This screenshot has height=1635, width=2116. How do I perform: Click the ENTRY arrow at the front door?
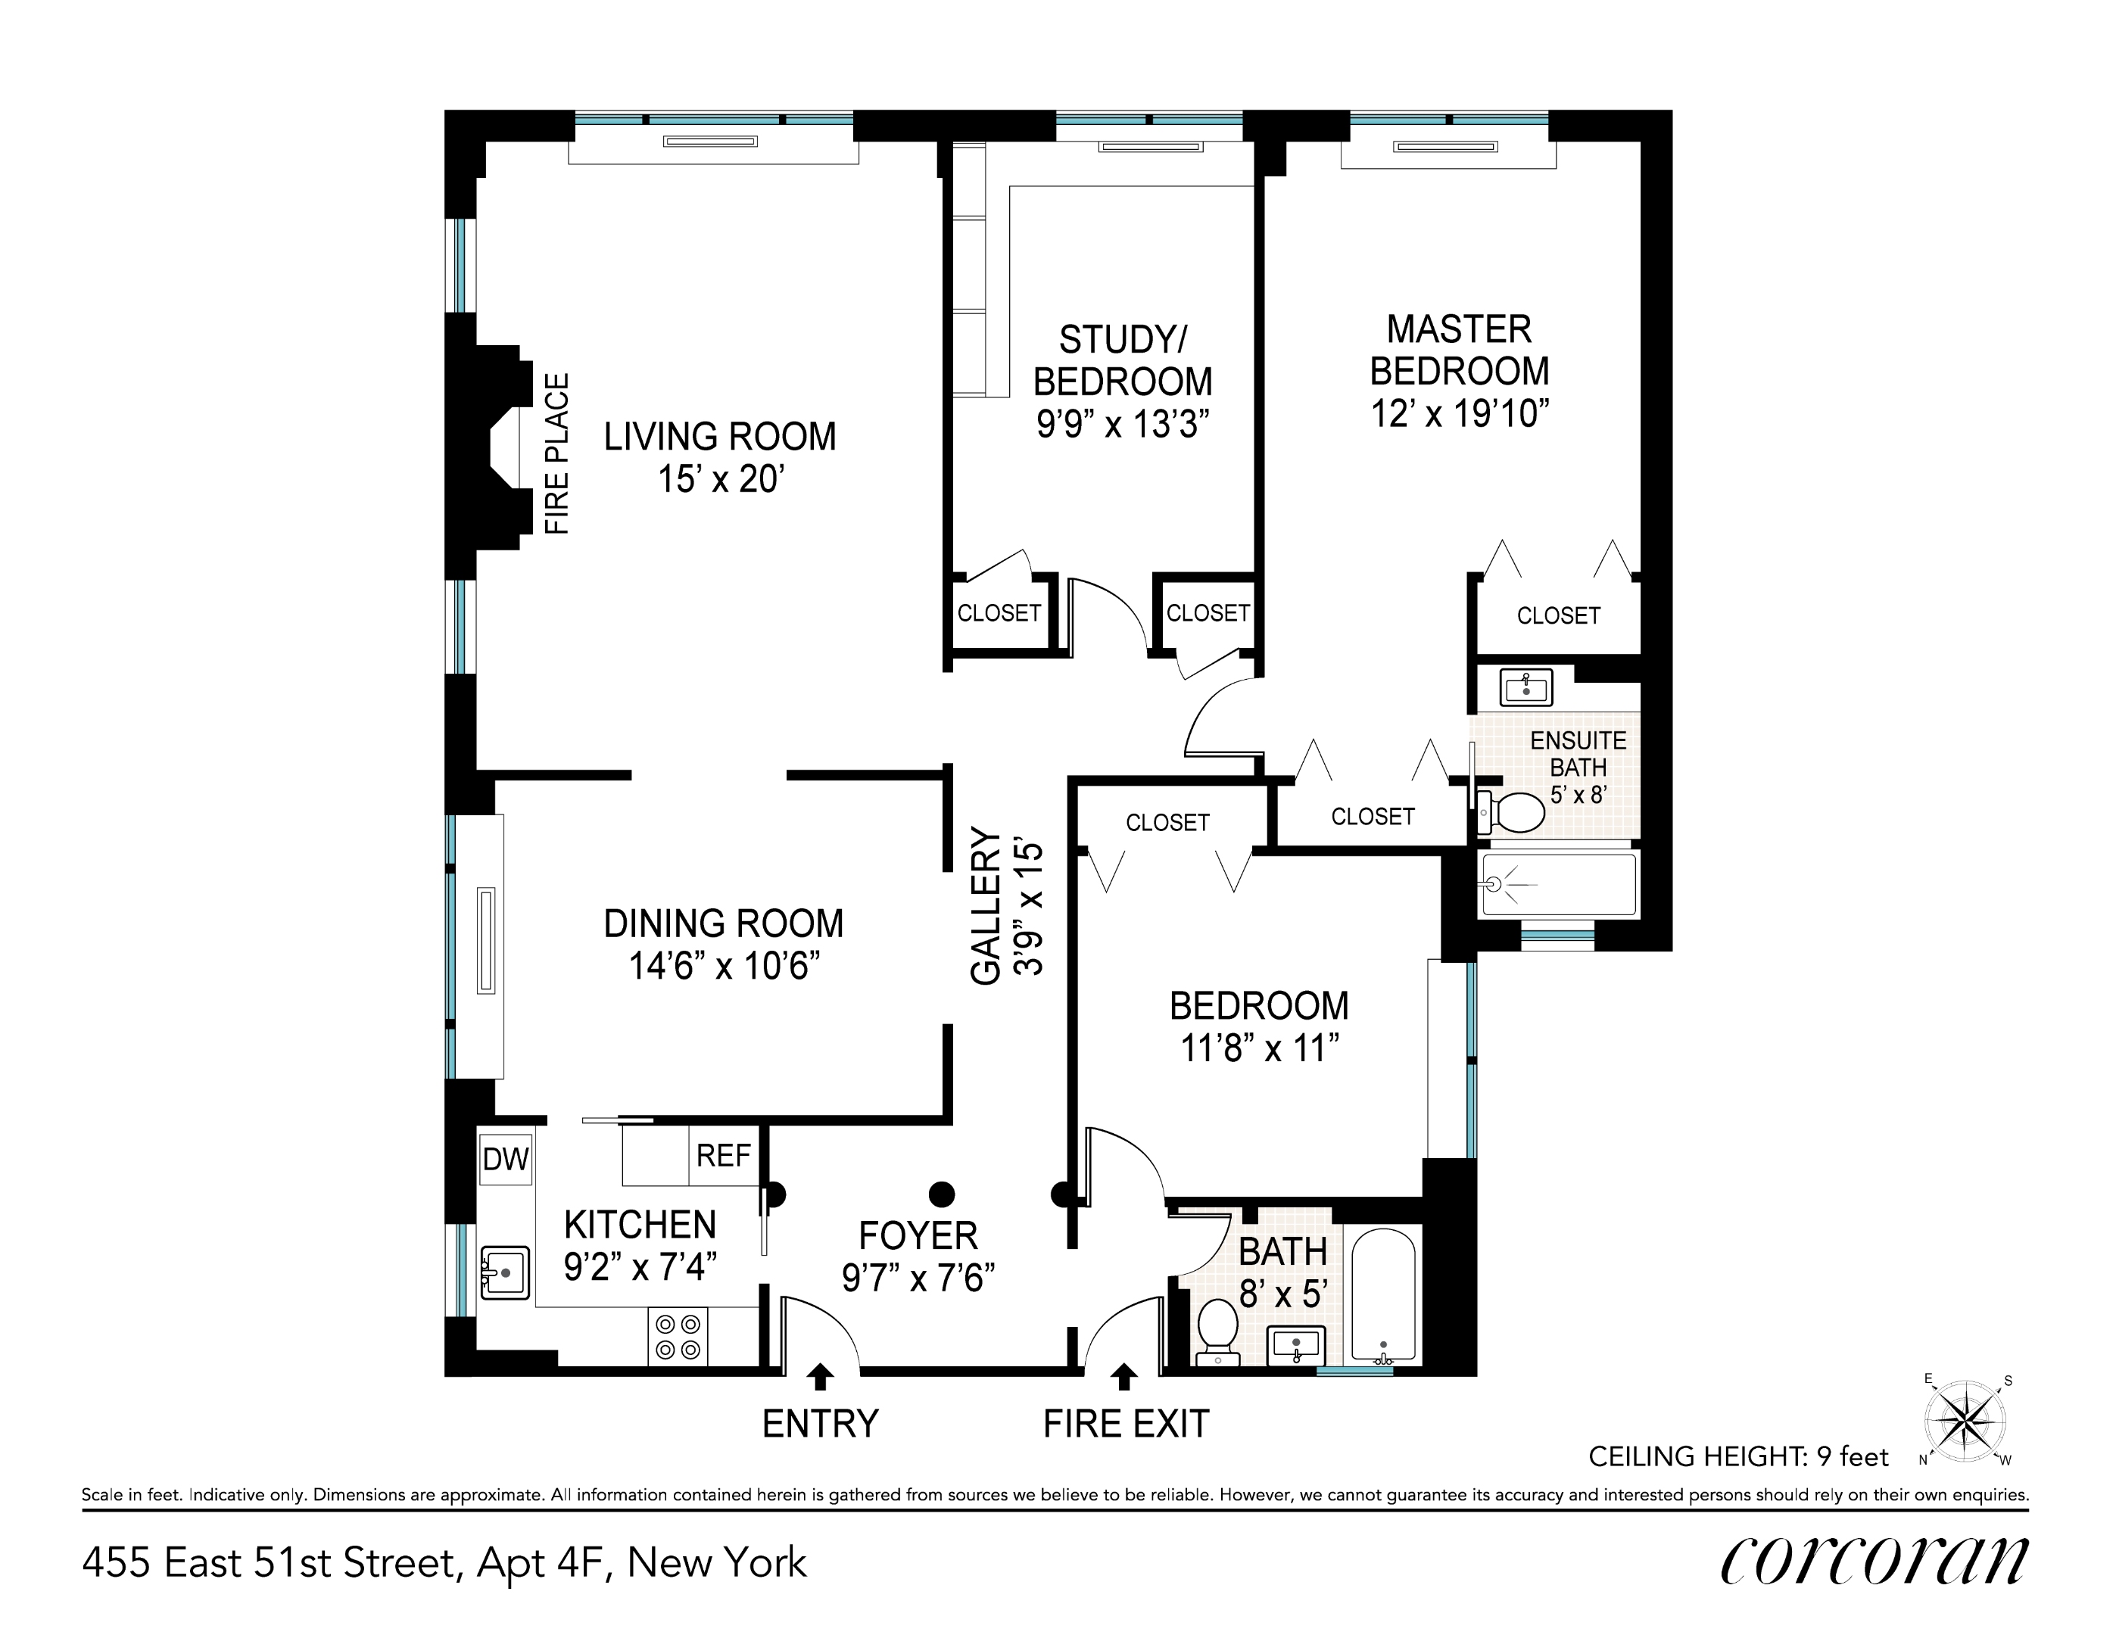pyautogui.click(x=820, y=1376)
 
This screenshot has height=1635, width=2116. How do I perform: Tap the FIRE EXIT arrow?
pyautogui.click(x=1124, y=1376)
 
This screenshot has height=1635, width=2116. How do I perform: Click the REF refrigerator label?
pyautogui.click(x=723, y=1156)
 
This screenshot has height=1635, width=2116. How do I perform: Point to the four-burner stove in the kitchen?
pyautogui.click(x=678, y=1337)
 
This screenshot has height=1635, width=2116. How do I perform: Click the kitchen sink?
pyautogui.click(x=505, y=1272)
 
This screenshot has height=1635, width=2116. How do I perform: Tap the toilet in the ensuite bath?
pyautogui.click(x=1514, y=813)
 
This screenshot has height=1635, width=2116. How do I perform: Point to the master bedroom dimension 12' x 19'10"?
pyautogui.click(x=1459, y=415)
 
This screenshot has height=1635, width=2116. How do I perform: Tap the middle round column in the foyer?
pyautogui.click(x=941, y=1192)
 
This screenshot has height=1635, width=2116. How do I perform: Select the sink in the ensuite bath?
pyautogui.click(x=1526, y=688)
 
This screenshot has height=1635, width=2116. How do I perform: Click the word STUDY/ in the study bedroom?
pyautogui.click(x=1122, y=340)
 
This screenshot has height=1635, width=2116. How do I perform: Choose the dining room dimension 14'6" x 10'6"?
pyautogui.click(x=725, y=967)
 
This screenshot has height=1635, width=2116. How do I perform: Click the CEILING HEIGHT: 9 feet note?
pyautogui.click(x=1738, y=1457)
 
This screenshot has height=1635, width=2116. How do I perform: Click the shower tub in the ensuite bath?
pyautogui.click(x=1558, y=883)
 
